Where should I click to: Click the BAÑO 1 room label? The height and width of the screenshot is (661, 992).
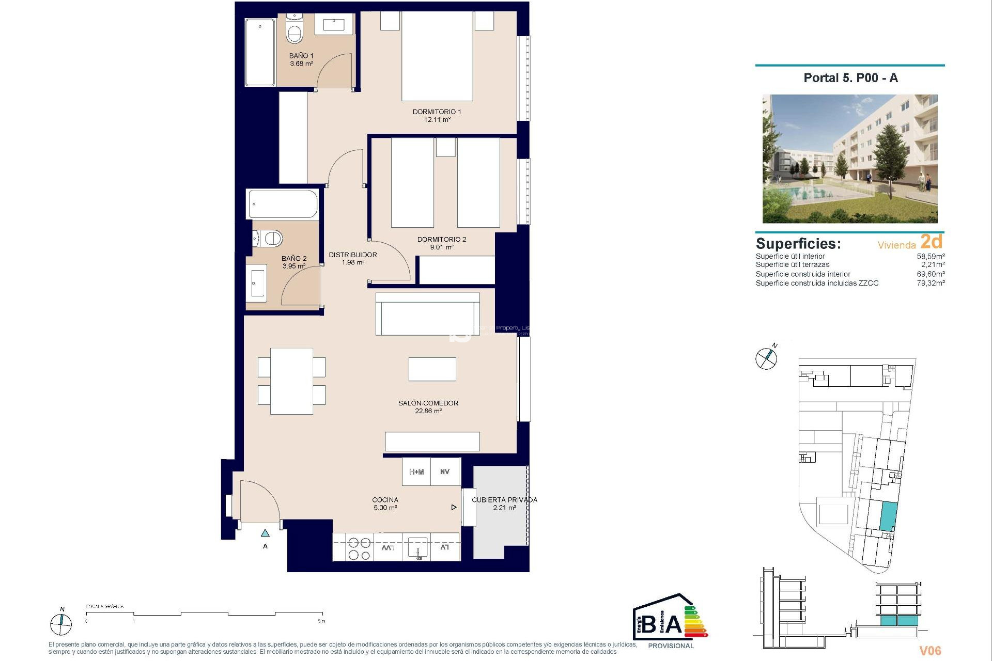[301, 56]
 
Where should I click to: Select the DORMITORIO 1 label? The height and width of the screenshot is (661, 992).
[437, 112]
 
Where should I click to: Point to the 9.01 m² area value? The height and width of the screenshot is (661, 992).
[442, 247]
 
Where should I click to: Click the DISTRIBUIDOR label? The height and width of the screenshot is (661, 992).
[353, 255]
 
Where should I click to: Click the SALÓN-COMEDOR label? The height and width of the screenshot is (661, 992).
[428, 403]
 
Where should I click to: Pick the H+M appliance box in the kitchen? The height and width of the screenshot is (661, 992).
[416, 472]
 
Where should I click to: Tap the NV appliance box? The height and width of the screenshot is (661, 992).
[445, 472]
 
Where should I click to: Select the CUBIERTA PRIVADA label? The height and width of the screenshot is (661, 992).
[504, 500]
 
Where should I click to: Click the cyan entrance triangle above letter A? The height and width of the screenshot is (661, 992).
[265, 533]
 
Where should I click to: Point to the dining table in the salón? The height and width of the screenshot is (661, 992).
[291, 381]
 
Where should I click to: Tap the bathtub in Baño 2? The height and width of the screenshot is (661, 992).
[283, 204]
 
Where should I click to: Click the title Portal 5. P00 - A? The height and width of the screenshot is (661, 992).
[850, 78]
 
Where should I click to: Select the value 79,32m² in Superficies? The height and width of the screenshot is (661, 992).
[931, 283]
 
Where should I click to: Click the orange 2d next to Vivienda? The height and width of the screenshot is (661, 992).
[932, 242]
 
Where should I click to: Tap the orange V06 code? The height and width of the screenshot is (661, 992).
[930, 651]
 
